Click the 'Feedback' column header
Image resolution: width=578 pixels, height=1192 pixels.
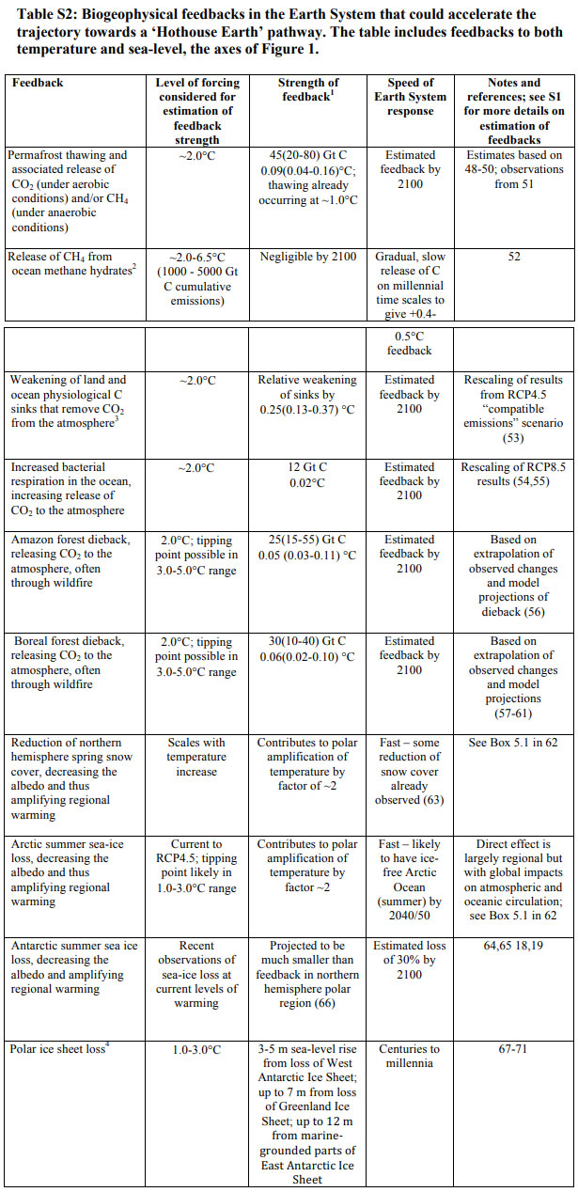coord(38,83)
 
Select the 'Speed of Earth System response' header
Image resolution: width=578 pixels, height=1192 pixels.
coord(410,97)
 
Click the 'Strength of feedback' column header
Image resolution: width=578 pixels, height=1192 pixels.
coord(309,89)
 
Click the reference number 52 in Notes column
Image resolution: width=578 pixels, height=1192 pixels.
coord(514,257)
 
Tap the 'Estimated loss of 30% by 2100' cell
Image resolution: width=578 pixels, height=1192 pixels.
coord(410,960)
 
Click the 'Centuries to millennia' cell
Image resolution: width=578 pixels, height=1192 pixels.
coord(410,1055)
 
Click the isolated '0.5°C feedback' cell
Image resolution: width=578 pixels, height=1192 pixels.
coord(410,343)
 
